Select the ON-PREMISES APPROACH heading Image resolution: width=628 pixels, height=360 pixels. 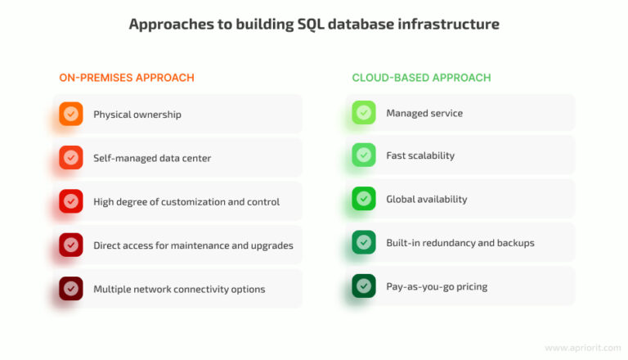tap(127, 78)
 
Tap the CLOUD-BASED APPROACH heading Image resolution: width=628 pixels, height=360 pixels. tap(421, 78)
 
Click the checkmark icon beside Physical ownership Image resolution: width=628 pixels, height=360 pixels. tap(71, 114)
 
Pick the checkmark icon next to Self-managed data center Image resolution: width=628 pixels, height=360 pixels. tap(71, 157)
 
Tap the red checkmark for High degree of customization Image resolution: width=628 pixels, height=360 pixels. tap(71, 201)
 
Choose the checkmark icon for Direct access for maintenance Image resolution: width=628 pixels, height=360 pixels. tap(71, 245)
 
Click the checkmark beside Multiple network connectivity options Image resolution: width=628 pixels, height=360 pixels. tap(71, 288)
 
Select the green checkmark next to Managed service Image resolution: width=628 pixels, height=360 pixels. tap(364, 113)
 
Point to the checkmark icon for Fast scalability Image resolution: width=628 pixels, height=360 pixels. tap(364, 155)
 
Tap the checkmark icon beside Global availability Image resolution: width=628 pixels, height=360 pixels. tap(364, 199)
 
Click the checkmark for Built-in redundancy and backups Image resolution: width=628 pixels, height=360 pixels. tap(364, 242)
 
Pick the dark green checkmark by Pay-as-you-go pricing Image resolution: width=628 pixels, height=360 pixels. tap(364, 286)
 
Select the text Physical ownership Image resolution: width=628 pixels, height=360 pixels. tap(137, 115)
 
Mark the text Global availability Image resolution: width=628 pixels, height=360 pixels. tap(426, 200)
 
